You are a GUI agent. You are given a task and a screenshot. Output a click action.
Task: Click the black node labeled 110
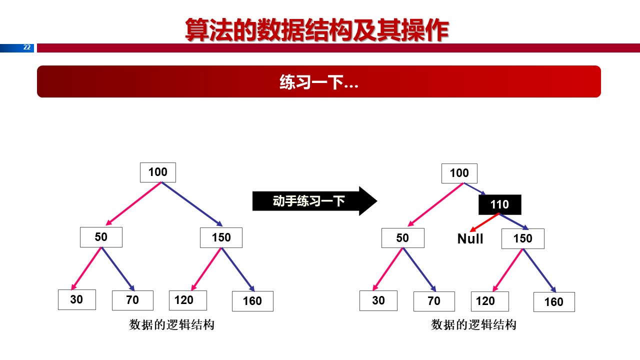[499, 204]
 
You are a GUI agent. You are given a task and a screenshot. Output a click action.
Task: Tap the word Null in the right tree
[470, 239]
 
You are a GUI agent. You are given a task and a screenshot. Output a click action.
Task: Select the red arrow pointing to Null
[485, 222]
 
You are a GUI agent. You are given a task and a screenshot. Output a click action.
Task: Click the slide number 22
[27, 47]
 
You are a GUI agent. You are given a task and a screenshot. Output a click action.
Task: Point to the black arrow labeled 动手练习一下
[314, 201]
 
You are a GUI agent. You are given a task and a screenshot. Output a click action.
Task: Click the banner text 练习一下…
[318, 82]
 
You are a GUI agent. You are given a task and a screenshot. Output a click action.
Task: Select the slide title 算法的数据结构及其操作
[316, 30]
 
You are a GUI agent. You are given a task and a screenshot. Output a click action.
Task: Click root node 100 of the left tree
[158, 172]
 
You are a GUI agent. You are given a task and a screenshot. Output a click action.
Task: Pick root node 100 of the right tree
[459, 173]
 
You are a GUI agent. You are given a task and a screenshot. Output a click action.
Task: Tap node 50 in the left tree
[101, 237]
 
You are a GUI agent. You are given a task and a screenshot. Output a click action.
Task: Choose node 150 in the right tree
[522, 238]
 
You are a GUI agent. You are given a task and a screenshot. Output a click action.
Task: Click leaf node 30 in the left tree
[76, 299]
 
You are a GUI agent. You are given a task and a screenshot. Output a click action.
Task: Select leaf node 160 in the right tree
[553, 302]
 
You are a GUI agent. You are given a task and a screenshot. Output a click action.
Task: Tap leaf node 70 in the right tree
[433, 301]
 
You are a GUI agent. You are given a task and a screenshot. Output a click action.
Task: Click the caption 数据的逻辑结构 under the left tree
[171, 325]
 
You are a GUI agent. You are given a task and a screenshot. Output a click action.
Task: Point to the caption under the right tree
[473, 325]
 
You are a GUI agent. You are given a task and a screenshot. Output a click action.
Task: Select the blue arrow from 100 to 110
[475, 189]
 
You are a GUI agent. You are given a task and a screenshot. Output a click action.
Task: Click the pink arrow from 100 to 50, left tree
[133, 203]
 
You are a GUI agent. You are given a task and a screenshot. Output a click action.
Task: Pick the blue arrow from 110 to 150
[514, 221]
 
